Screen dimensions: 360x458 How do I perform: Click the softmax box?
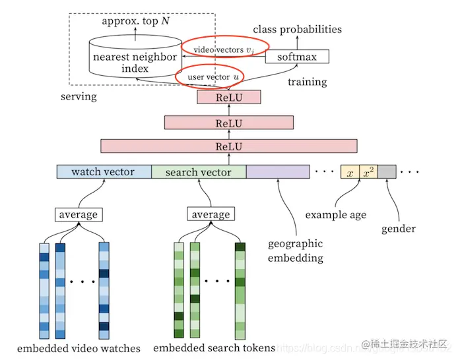[296, 57]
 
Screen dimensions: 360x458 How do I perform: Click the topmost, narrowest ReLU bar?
[229, 98]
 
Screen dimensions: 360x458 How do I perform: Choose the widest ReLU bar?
[228, 146]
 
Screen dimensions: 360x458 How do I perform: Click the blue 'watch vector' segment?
[104, 172]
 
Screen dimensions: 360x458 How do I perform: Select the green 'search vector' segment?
[199, 172]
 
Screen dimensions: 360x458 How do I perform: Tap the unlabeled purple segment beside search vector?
[278, 172]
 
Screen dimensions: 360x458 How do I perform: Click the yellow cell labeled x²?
[368, 172]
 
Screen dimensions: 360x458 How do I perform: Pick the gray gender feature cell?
[387, 172]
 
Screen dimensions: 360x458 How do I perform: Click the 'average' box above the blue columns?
[78, 214]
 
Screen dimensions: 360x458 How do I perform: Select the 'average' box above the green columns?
[211, 214]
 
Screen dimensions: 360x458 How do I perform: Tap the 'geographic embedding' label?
[295, 251]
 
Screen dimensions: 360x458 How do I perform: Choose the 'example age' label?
[335, 215]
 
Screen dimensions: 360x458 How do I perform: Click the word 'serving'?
[79, 96]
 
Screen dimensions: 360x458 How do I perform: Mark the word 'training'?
[307, 82]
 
